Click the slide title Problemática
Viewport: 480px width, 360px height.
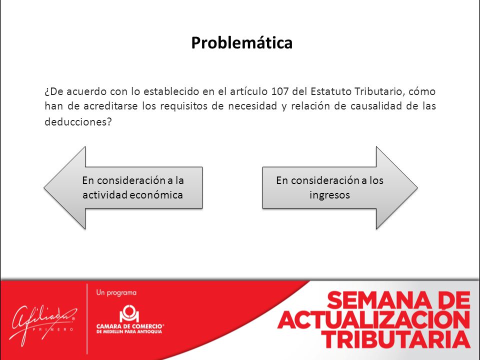point(242,42)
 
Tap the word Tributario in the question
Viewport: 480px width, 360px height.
point(378,91)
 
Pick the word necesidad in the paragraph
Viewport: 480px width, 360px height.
point(252,106)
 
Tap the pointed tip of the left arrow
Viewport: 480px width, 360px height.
point(44,188)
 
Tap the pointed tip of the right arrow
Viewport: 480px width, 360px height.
point(417,188)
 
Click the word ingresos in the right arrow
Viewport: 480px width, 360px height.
point(329,195)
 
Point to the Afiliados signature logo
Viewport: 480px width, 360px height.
point(43,324)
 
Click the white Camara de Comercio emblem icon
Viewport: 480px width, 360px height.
point(129,313)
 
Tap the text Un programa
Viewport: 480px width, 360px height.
point(116,293)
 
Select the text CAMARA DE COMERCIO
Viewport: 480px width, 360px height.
point(129,326)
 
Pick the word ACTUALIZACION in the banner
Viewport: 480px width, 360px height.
point(373,319)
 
